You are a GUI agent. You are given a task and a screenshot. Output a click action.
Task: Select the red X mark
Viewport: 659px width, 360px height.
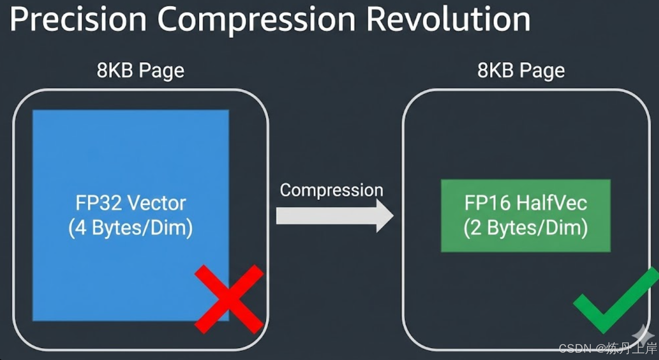pyautogui.click(x=229, y=299)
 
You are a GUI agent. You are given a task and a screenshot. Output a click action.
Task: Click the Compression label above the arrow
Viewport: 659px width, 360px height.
pyautogui.click(x=331, y=190)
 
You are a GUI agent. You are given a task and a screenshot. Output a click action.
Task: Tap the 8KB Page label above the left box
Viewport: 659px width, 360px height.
pyautogui.click(x=140, y=70)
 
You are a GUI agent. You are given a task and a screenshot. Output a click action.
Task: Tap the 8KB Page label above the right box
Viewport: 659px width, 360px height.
pyautogui.click(x=521, y=70)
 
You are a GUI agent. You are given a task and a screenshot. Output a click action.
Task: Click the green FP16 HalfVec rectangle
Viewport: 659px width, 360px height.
pyautogui.click(x=525, y=245)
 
